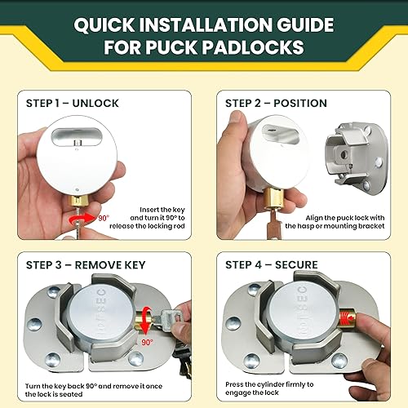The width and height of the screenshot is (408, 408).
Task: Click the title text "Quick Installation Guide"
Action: pyautogui.click(x=203, y=25)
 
